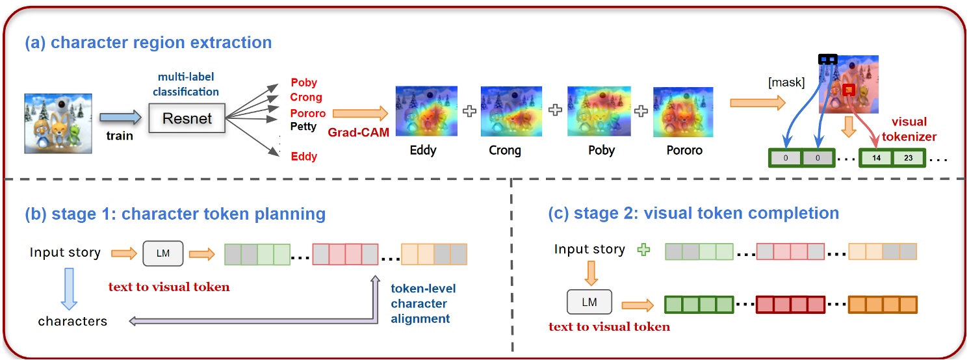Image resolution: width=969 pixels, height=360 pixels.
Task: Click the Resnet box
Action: [187, 118]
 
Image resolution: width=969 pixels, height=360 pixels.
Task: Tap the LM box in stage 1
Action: [163, 253]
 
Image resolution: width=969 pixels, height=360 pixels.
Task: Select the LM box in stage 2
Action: [589, 302]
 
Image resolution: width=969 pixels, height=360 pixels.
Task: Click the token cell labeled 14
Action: [876, 158]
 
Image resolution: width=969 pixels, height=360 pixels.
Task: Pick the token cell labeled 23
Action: [908, 158]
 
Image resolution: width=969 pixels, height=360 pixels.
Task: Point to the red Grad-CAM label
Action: [359, 133]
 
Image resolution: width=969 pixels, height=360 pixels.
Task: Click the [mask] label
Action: [786, 83]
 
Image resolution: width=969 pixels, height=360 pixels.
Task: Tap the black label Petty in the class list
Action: [304, 126]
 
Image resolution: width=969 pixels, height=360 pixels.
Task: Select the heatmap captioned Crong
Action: [511, 111]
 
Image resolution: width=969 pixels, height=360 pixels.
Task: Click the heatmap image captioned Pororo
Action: [683, 112]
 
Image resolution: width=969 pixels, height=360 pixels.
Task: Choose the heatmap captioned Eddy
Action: [426, 110]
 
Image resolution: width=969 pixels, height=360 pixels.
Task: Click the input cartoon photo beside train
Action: [58, 123]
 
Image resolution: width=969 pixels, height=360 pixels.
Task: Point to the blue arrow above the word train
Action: [120, 117]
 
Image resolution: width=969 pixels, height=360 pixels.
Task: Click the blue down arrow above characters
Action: [69, 289]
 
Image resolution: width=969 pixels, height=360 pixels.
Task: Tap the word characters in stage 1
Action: [73, 321]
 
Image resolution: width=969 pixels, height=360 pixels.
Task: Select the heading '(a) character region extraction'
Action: [148, 42]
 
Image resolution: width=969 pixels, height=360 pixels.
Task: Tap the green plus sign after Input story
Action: [643, 250]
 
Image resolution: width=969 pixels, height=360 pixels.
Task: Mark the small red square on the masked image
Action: [849, 90]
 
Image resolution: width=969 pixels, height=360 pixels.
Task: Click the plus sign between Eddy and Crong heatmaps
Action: [469, 111]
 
